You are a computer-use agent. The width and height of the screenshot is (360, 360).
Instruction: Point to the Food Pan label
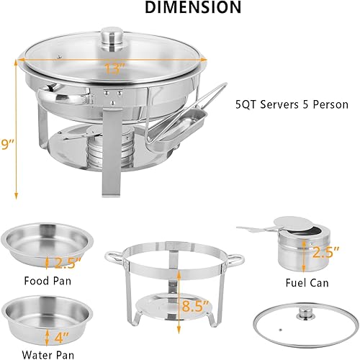(47, 279)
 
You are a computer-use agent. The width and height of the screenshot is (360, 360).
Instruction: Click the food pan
(47, 243)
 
